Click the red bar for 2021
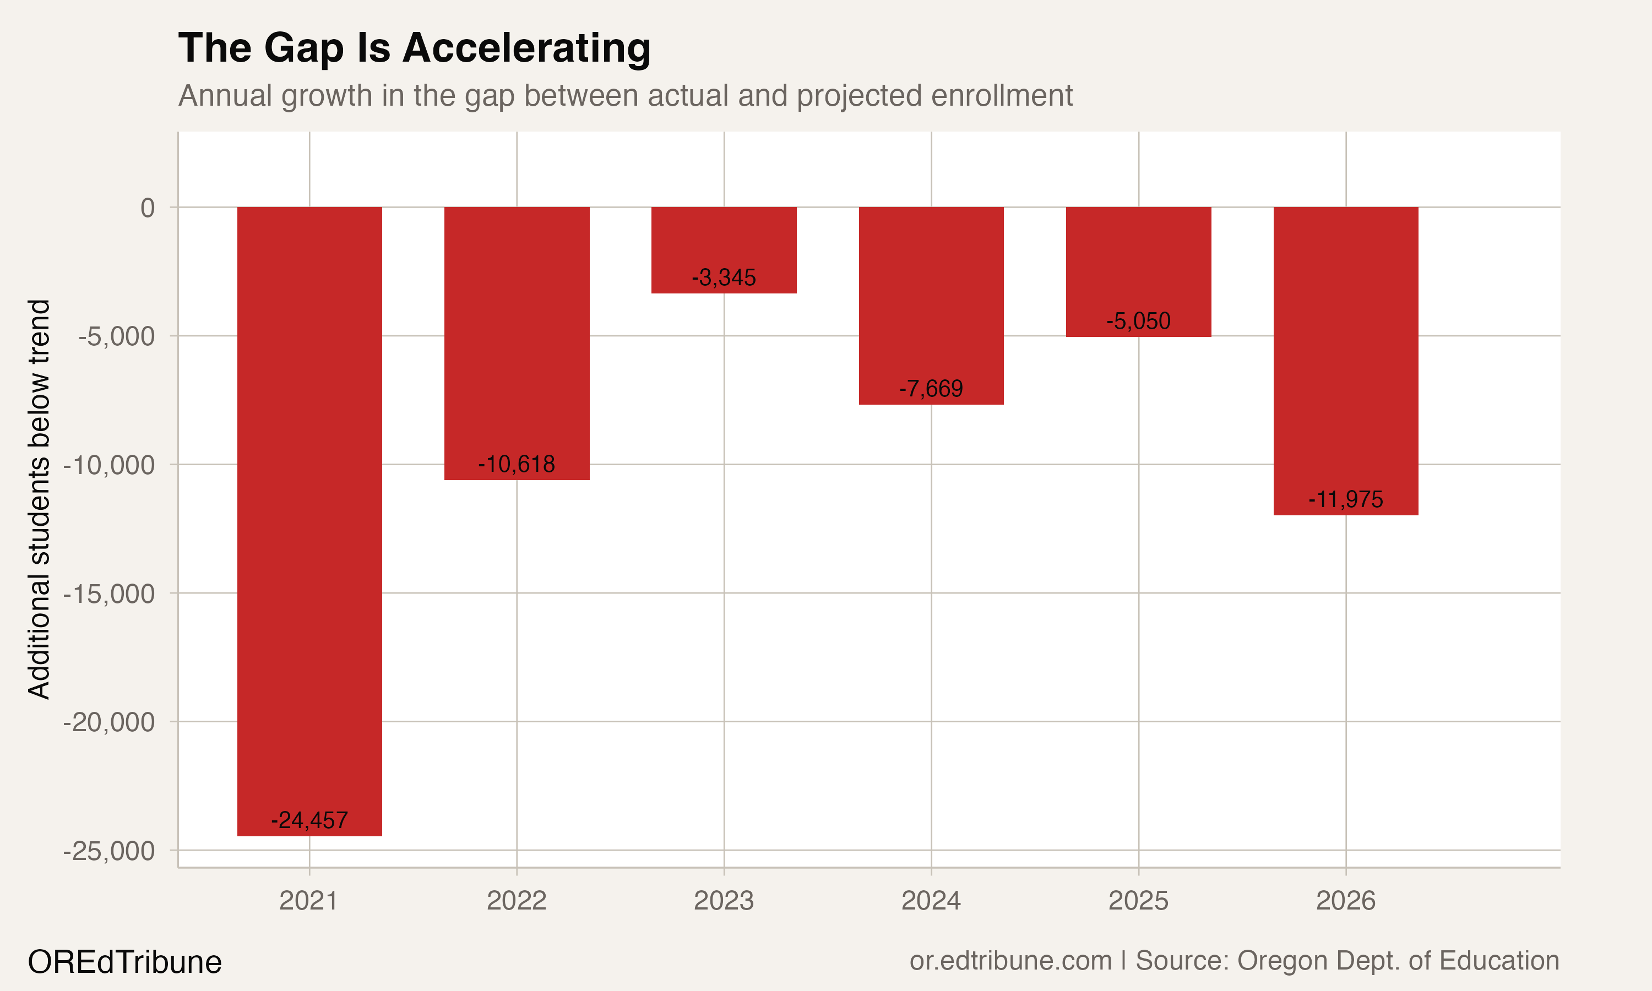(x=309, y=521)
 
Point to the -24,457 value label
(x=309, y=820)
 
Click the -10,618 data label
(x=516, y=464)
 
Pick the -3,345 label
(x=724, y=277)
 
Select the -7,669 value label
(x=931, y=389)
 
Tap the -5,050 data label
(x=1138, y=321)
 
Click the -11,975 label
(x=1345, y=499)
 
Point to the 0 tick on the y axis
(x=148, y=208)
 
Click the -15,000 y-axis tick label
(x=109, y=593)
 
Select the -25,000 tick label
(x=109, y=851)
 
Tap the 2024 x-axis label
(x=931, y=901)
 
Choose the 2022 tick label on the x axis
(x=516, y=901)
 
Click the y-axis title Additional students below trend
(x=39, y=499)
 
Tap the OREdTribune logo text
(x=124, y=962)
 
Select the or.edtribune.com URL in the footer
(x=1010, y=961)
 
